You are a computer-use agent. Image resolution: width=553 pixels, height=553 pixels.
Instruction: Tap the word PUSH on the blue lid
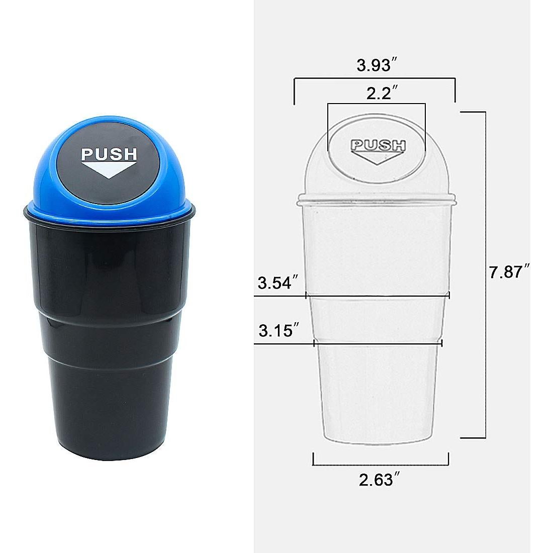(x=109, y=153)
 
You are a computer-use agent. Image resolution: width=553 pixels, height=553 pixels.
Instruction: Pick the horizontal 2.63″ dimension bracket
(x=381, y=465)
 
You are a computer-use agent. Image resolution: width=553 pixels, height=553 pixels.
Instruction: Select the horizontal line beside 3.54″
(x=377, y=296)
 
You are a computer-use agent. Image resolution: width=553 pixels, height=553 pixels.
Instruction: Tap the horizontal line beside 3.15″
(x=377, y=344)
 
